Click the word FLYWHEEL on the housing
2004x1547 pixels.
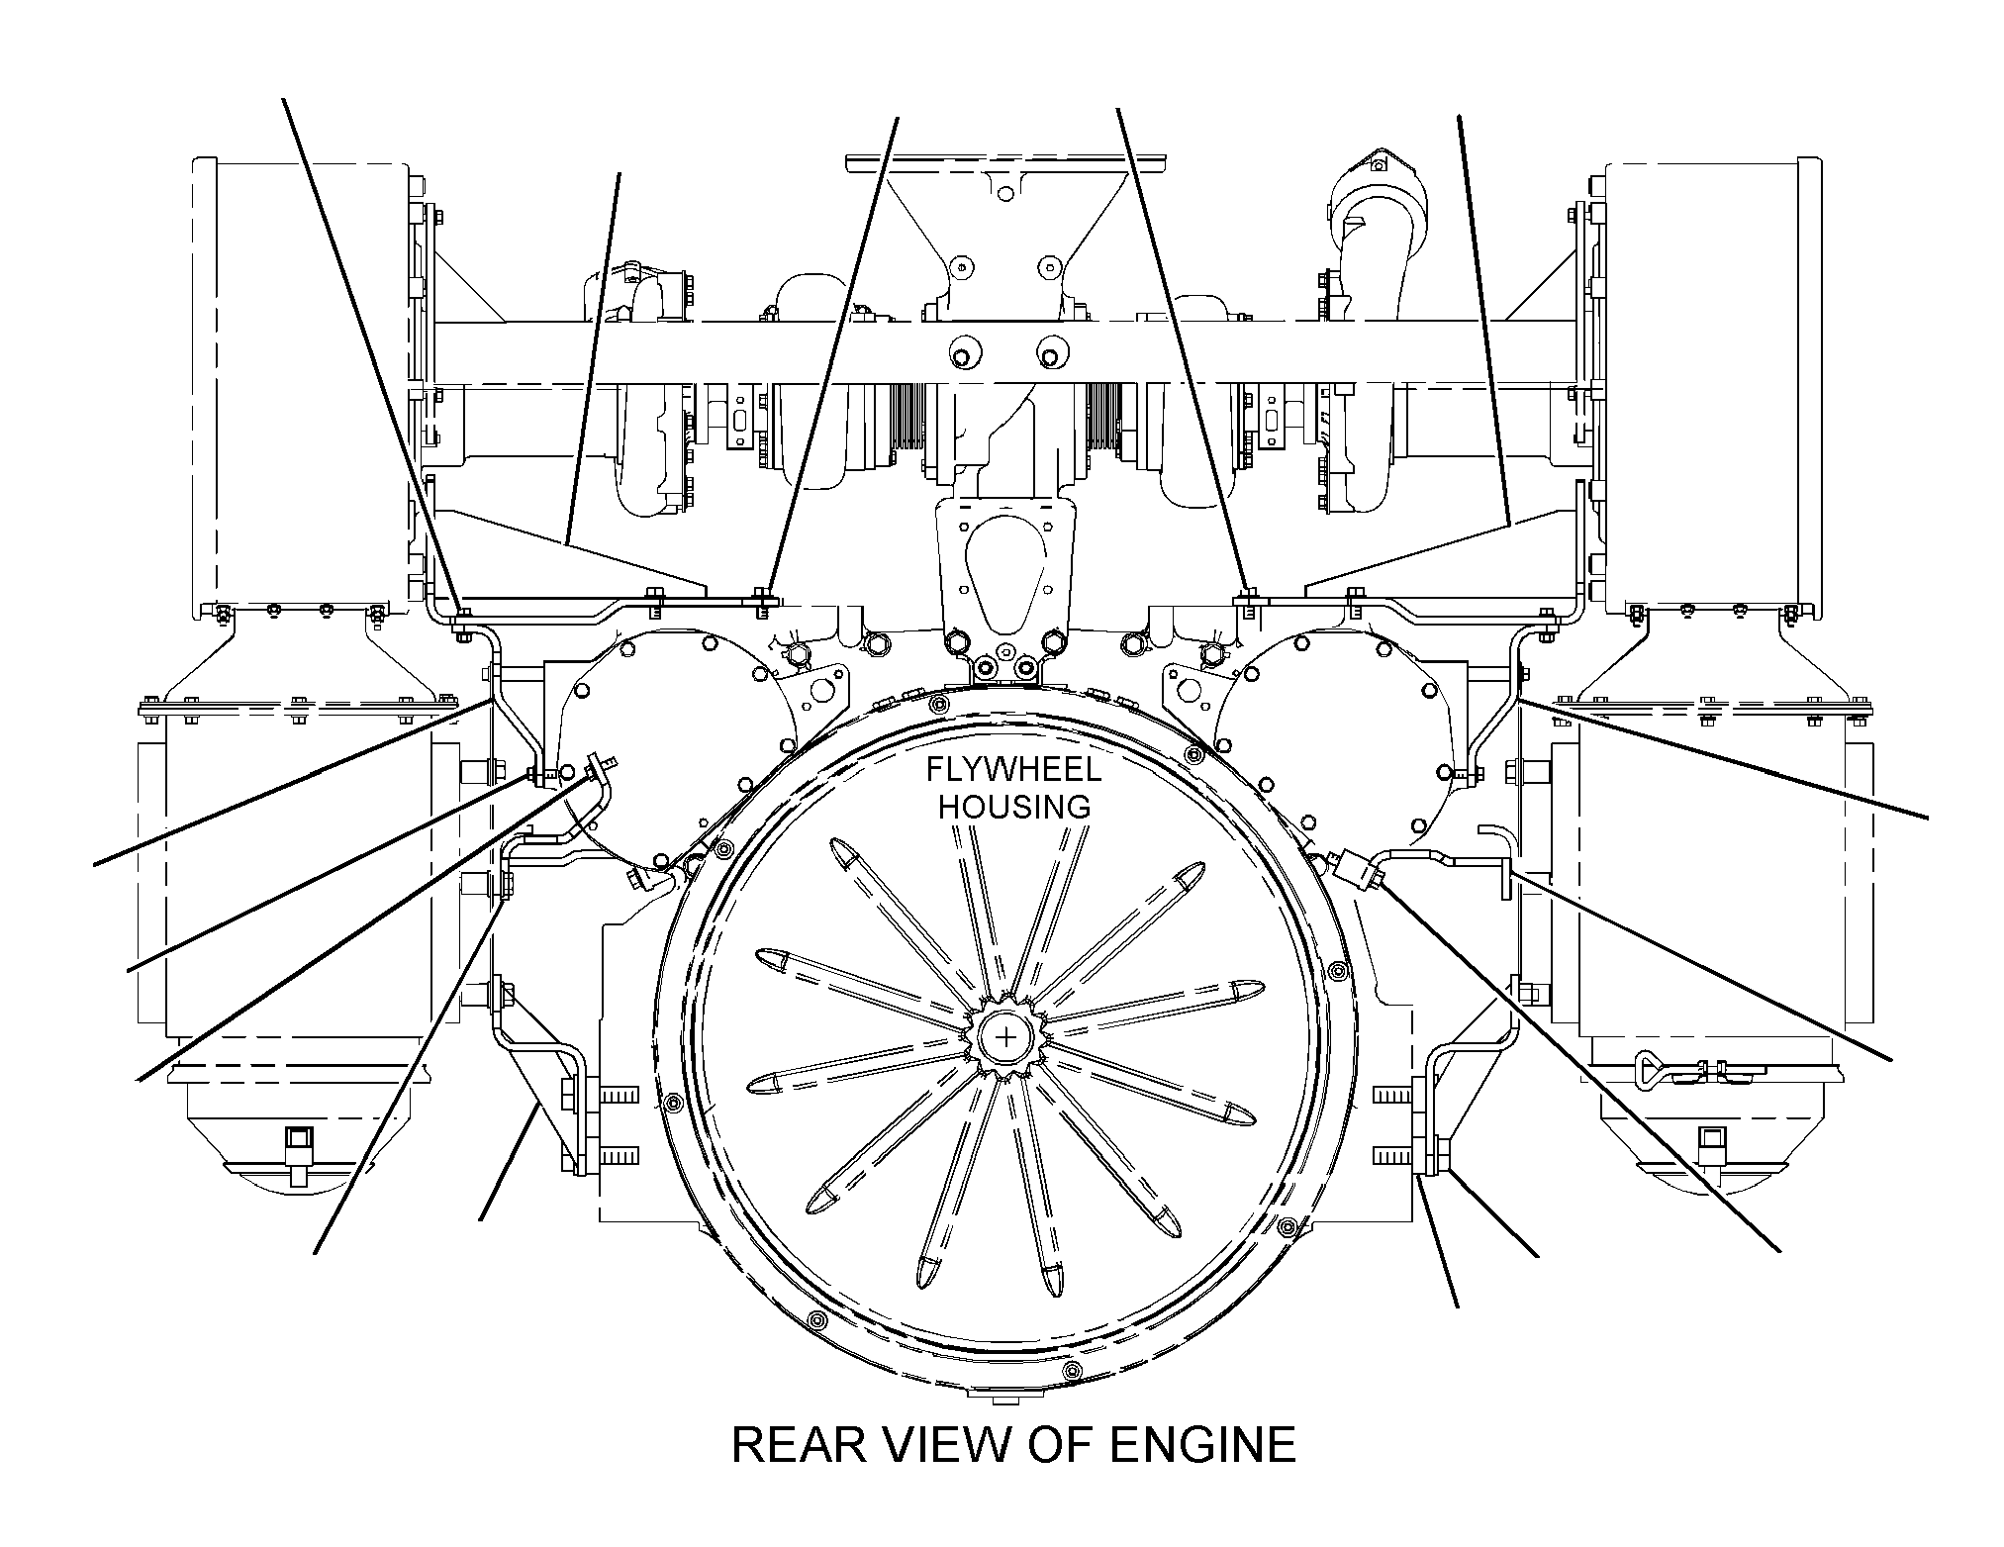(x=1013, y=771)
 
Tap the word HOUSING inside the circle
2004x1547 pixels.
(x=1014, y=807)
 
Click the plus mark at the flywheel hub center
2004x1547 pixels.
(x=1006, y=1037)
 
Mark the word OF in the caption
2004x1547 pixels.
(x=1060, y=1446)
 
